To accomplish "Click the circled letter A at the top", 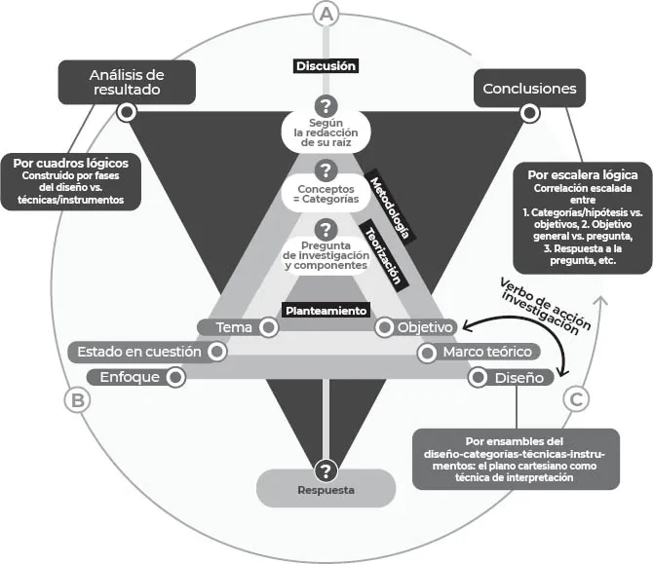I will click(x=326, y=14).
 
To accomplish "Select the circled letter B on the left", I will click(x=77, y=399).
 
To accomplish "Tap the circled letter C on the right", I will click(x=578, y=398).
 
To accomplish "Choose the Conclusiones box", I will click(x=529, y=89).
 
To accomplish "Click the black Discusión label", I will click(x=326, y=66).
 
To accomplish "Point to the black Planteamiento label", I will click(x=326, y=311).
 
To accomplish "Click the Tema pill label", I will click(x=234, y=327).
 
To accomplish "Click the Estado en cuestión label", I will click(x=139, y=352).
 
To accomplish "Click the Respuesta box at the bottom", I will click(x=326, y=489).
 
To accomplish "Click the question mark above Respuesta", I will click(x=326, y=469).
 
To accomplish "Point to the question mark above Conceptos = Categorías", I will click(x=326, y=169).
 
